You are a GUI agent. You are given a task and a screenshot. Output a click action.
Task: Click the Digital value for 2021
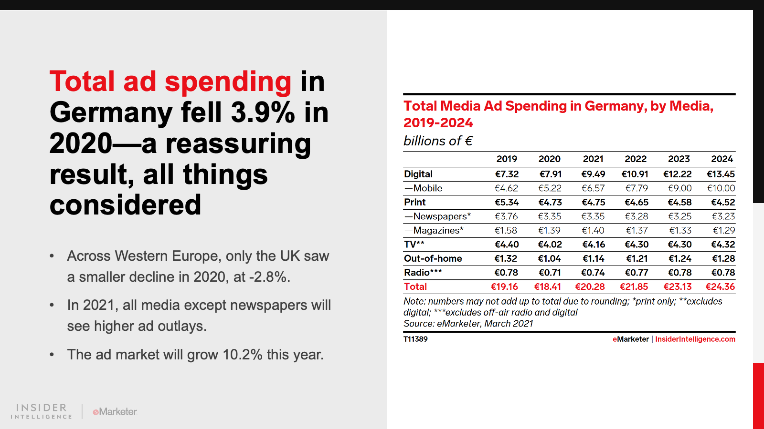pyautogui.click(x=593, y=174)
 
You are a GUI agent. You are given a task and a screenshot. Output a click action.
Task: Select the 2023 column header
pyautogui.click(x=679, y=159)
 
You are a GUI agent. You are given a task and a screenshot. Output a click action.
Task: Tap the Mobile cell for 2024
pyautogui.click(x=721, y=188)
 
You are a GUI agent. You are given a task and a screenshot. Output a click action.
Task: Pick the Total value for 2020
pyautogui.click(x=548, y=287)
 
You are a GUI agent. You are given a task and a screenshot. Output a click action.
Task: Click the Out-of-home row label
pyautogui.click(x=433, y=259)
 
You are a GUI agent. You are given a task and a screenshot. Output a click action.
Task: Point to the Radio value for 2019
pyautogui.click(x=506, y=273)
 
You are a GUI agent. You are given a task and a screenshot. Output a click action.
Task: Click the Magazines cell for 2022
pyautogui.click(x=637, y=231)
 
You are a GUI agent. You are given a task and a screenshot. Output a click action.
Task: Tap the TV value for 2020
pyautogui.click(x=550, y=245)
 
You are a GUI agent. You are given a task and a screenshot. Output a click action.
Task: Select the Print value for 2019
pyautogui.click(x=507, y=203)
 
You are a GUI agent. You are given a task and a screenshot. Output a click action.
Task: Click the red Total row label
pyautogui.click(x=415, y=287)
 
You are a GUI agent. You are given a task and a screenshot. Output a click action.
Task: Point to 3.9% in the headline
pyautogui.click(x=263, y=113)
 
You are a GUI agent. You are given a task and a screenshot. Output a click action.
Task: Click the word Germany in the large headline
pyautogui.click(x=111, y=113)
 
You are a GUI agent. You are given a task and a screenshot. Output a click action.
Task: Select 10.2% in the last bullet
pyautogui.click(x=243, y=355)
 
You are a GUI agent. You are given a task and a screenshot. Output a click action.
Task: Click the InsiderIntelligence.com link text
pyautogui.click(x=695, y=339)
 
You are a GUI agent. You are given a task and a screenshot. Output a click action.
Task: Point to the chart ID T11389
pyautogui.click(x=415, y=339)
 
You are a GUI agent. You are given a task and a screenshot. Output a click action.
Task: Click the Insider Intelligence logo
pyautogui.click(x=42, y=411)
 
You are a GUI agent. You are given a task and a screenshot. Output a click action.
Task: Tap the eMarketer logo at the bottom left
pyautogui.click(x=115, y=412)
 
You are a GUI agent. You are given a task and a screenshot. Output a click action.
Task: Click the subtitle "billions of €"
pyautogui.click(x=438, y=141)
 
